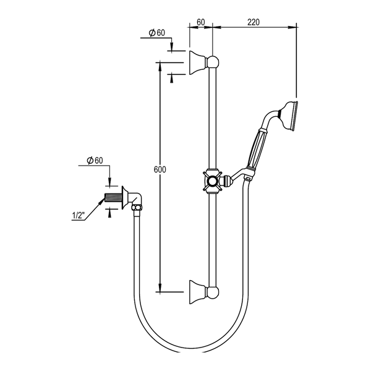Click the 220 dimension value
(254, 22)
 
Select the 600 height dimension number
(160, 169)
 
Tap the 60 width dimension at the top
(200, 22)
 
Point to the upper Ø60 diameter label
(157, 33)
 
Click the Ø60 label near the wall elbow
(95, 160)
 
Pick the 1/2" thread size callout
(78, 216)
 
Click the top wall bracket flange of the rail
(198, 62)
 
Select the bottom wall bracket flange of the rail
(198, 292)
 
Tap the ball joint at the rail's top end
(213, 62)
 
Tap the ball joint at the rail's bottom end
(213, 292)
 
